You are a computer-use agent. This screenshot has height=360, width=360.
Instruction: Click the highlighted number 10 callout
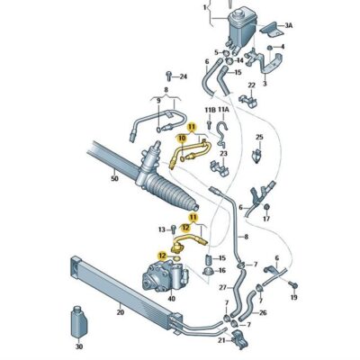pyautogui.click(x=183, y=139)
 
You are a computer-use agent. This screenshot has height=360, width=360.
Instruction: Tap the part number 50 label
pyautogui.click(x=114, y=179)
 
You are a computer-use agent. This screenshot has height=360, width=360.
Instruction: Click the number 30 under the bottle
pyautogui.click(x=79, y=346)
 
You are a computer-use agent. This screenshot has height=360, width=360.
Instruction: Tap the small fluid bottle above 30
pyautogui.click(x=78, y=321)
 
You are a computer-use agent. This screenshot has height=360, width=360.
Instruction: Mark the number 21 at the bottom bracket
pyautogui.click(x=220, y=339)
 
